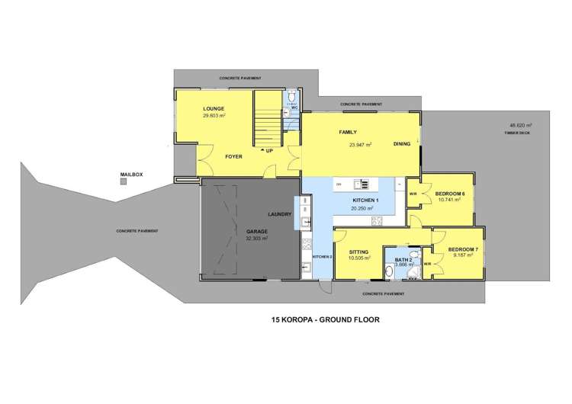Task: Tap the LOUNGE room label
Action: tap(214, 109)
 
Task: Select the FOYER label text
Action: tap(233, 156)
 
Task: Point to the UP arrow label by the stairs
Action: tap(268, 151)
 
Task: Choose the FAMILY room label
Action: tap(349, 133)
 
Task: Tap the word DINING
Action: tap(403, 144)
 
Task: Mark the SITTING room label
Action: tap(359, 252)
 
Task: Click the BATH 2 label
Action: tap(402, 260)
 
